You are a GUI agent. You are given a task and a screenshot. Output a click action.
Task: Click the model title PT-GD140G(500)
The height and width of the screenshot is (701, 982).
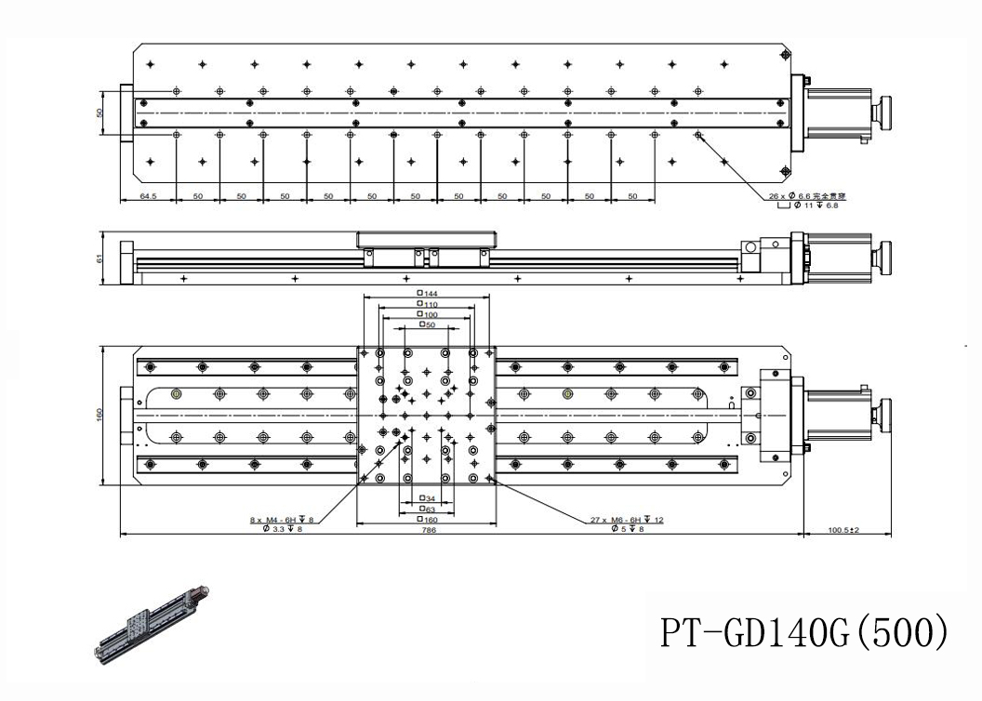point(803,631)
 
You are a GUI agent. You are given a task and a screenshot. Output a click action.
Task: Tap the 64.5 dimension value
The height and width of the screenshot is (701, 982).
point(147,197)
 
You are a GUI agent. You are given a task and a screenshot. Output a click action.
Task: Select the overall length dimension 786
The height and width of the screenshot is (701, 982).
point(429,530)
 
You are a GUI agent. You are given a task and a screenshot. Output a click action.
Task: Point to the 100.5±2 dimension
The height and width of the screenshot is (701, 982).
point(843,530)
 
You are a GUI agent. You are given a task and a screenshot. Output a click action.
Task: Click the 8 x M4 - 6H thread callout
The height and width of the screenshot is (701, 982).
point(282,520)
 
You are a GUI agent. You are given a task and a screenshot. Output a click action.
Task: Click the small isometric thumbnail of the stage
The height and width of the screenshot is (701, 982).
point(153,627)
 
